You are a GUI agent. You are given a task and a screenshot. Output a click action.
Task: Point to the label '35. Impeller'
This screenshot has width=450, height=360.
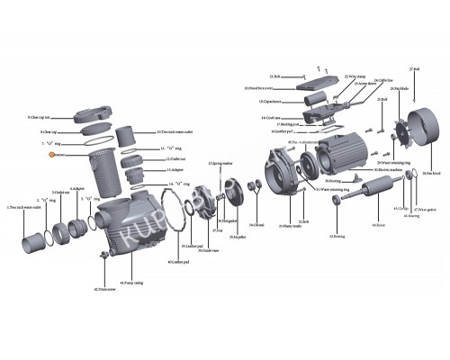pos(238,237)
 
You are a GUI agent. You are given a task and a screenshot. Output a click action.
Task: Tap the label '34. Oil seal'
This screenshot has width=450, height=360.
pos(257,225)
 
